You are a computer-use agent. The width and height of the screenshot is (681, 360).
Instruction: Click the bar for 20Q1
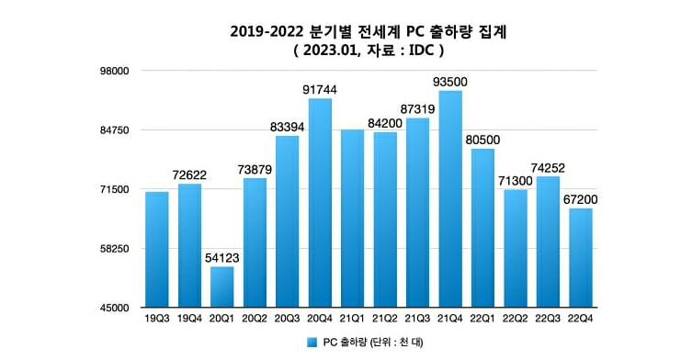click(x=221, y=287)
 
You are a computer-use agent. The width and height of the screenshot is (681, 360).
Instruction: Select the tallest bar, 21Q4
click(x=449, y=199)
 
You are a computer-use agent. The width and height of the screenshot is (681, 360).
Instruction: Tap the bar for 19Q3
click(x=156, y=250)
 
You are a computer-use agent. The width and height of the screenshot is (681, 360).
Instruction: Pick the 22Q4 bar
click(x=581, y=258)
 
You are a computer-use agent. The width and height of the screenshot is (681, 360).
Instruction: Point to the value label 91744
click(x=319, y=89)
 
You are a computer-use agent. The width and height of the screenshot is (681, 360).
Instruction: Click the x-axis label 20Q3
click(x=287, y=319)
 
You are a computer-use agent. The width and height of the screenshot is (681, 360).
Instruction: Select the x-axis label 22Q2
click(x=515, y=319)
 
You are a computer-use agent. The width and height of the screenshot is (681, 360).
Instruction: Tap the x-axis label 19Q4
click(x=189, y=319)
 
